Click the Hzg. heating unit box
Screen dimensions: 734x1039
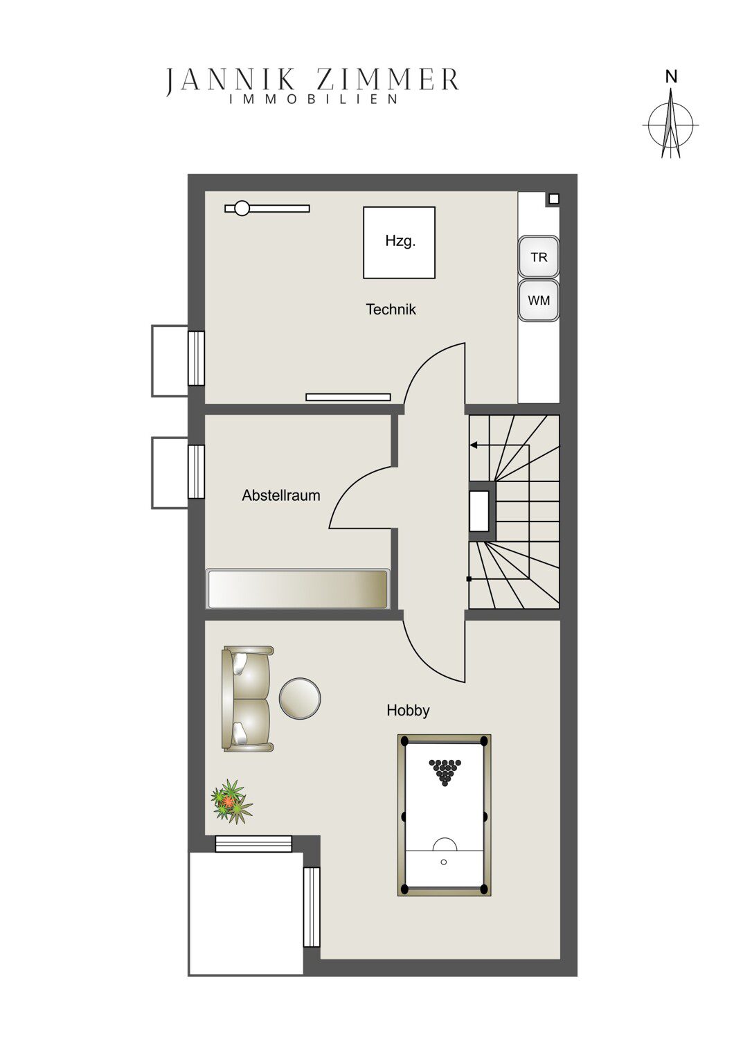[399, 242]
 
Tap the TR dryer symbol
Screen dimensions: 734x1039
[538, 256]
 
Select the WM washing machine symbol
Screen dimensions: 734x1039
[538, 300]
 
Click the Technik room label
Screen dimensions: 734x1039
[391, 310]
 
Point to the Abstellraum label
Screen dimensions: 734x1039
[281, 495]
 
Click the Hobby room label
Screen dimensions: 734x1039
[408, 710]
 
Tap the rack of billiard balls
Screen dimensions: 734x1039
[445, 772]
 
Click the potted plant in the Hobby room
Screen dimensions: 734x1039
[231, 810]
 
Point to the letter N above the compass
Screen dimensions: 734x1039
[671, 77]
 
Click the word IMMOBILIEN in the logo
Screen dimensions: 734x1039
[314, 99]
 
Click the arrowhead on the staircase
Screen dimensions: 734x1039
[474, 445]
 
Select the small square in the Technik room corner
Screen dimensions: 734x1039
[554, 199]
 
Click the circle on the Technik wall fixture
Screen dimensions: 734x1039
[242, 208]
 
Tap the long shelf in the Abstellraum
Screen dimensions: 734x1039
[298, 589]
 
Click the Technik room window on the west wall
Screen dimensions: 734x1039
[196, 358]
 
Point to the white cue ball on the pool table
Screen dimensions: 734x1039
[444, 862]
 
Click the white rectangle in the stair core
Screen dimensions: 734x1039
[479, 510]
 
